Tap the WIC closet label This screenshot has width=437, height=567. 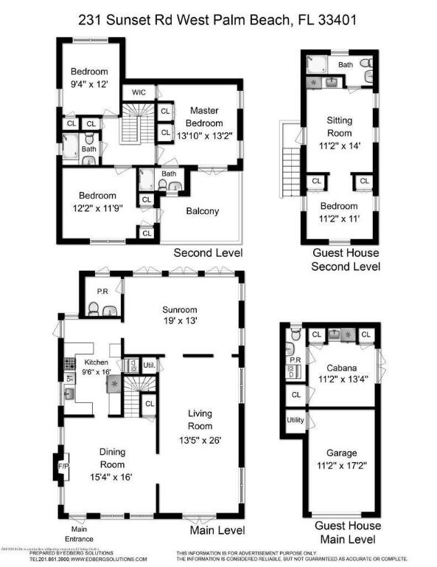138,93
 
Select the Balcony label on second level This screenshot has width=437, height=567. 202,211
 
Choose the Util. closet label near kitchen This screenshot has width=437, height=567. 147,365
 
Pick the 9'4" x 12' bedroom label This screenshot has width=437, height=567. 89,78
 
